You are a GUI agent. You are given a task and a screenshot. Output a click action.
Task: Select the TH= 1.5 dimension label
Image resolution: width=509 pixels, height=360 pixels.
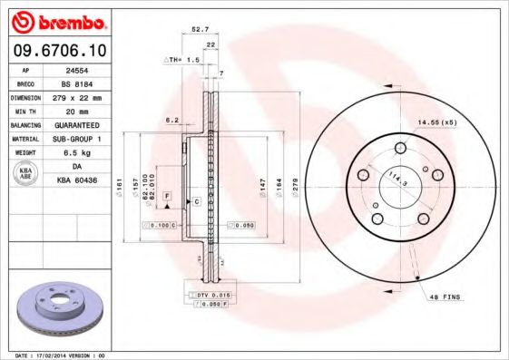[x=181, y=59]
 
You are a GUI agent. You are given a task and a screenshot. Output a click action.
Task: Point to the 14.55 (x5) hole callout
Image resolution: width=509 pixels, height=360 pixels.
[x=436, y=122]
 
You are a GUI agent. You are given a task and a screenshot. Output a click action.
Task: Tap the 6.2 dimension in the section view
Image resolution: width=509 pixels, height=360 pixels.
[x=170, y=119]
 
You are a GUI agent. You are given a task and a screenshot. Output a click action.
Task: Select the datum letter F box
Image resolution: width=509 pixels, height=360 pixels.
[x=168, y=196]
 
